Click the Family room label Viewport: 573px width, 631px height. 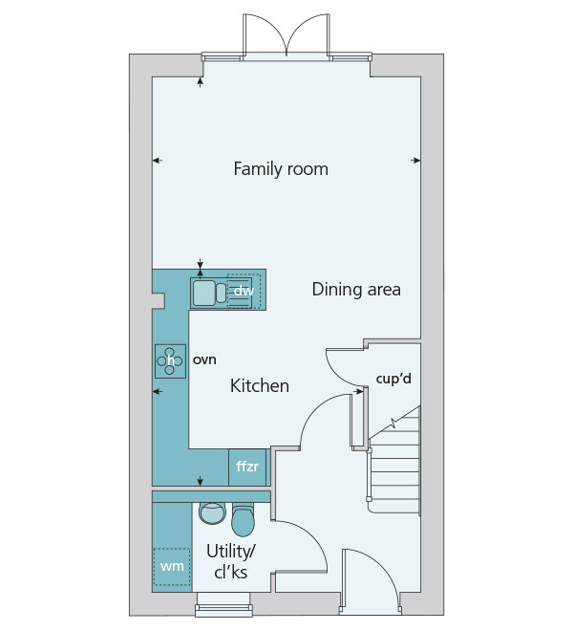click(281, 169)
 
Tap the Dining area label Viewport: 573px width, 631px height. click(356, 290)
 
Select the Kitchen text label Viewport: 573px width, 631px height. click(260, 386)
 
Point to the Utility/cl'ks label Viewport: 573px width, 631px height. click(230, 561)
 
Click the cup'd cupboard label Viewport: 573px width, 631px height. click(393, 379)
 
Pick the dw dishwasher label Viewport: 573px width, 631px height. click(244, 291)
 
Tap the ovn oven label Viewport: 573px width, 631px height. click(204, 359)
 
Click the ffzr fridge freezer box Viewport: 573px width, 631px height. click(247, 467)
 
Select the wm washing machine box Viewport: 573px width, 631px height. click(172, 567)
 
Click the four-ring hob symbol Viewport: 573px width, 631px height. click(171, 361)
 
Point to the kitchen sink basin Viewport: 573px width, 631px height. click(204, 293)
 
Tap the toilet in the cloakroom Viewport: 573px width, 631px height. click(243, 520)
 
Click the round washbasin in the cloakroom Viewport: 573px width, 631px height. click(212, 513)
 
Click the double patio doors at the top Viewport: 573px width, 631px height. click(286, 36)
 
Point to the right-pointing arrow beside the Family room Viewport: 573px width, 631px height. click(415, 161)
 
